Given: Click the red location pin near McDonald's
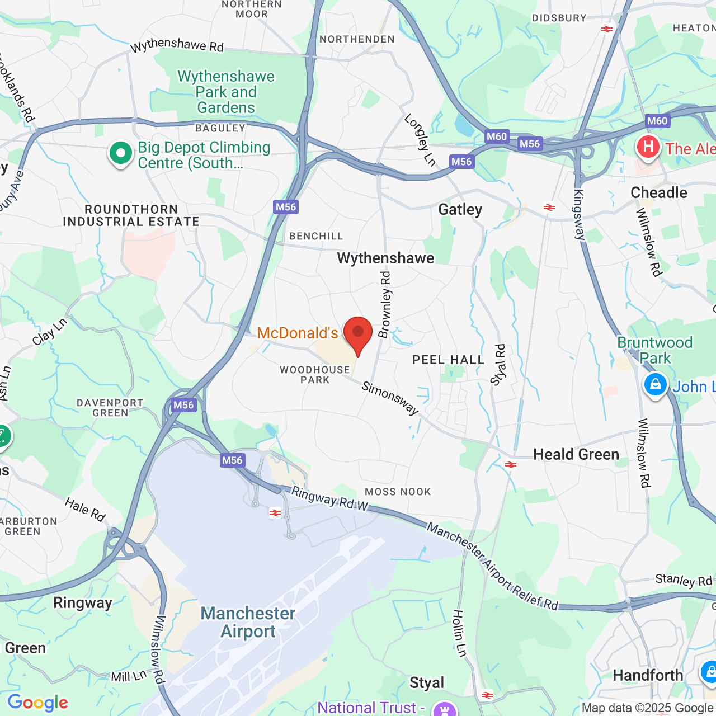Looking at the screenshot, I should pos(357,333).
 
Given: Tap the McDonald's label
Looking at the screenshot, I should pos(297,333).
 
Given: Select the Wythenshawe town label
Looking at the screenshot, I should pos(385,258).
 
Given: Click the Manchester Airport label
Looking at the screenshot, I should pos(248,622).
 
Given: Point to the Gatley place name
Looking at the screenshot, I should pos(460,210).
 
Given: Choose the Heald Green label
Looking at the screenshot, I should pos(576,454).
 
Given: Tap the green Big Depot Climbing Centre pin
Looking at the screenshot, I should pos(120,154).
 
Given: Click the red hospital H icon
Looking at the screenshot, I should pos(648,147).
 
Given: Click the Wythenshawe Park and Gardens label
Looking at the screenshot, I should pos(226,92).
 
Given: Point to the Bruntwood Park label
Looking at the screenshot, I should pos(655,350).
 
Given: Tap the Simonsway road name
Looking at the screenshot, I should pos(390,398).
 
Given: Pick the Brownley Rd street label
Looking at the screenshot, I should pos(385,305).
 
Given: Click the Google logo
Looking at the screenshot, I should pos(37,703).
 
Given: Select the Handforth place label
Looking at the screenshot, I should pos(648,676).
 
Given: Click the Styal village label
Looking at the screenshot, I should pos(426,683).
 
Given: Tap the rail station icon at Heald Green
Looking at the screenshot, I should pos(510,465).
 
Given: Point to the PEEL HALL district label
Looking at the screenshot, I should pos(448,360).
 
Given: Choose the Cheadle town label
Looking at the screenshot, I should pos(658,193).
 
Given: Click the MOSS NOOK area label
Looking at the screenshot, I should pos(398,492).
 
